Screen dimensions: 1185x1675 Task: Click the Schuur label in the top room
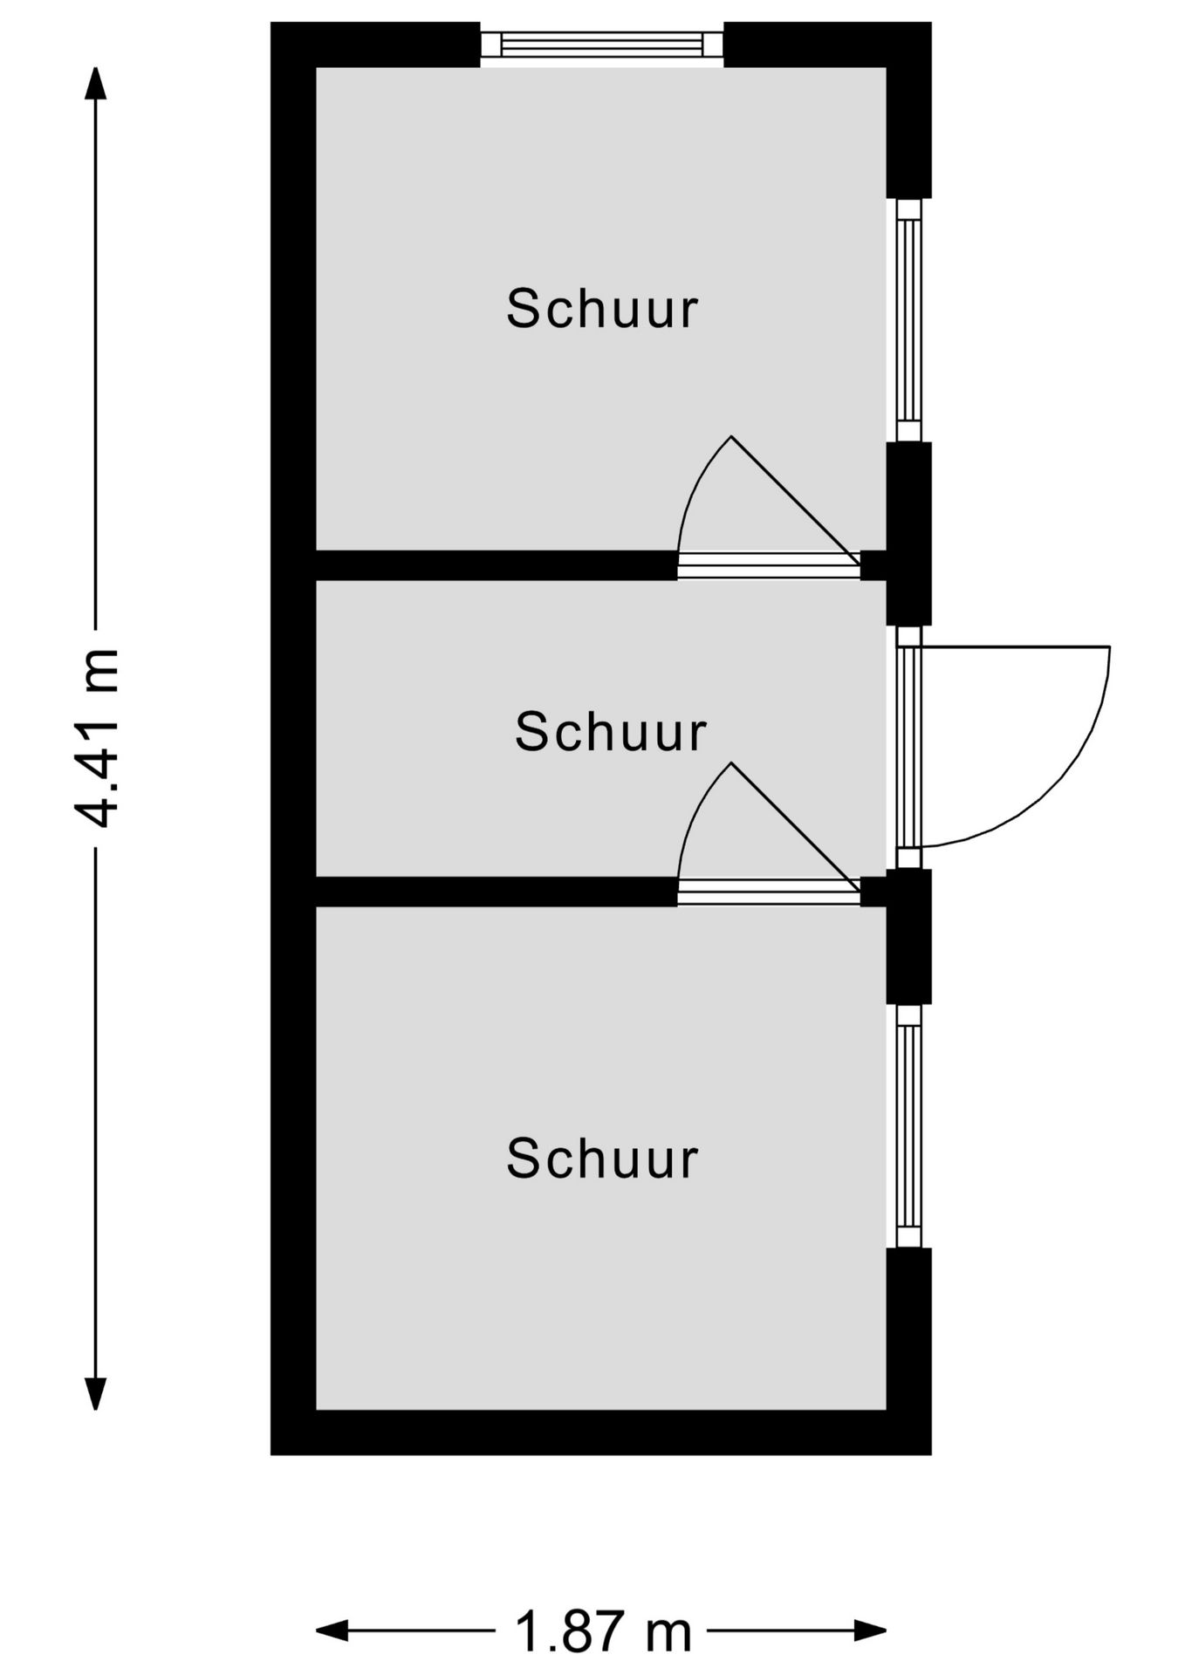[x=602, y=309]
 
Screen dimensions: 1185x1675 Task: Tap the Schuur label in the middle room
[x=610, y=731]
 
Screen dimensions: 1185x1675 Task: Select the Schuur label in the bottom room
[x=602, y=1159]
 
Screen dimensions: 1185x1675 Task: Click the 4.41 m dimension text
[x=96, y=737]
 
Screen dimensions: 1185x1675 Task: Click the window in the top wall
[x=602, y=44]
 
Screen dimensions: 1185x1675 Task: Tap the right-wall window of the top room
[x=909, y=320]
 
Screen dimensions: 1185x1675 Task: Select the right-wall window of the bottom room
[x=909, y=1125]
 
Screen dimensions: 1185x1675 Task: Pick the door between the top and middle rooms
[x=769, y=565]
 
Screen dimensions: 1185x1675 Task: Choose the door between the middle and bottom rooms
[x=769, y=892]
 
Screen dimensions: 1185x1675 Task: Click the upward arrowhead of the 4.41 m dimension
[x=96, y=84]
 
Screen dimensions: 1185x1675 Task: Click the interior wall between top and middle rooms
[x=497, y=565]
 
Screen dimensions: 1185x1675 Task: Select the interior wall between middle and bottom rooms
[x=497, y=892]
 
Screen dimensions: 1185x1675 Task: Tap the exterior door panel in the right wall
[x=909, y=747]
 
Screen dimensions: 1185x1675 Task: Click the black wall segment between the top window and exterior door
[x=909, y=534]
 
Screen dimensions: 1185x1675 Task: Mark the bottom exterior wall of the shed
[x=601, y=1432]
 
